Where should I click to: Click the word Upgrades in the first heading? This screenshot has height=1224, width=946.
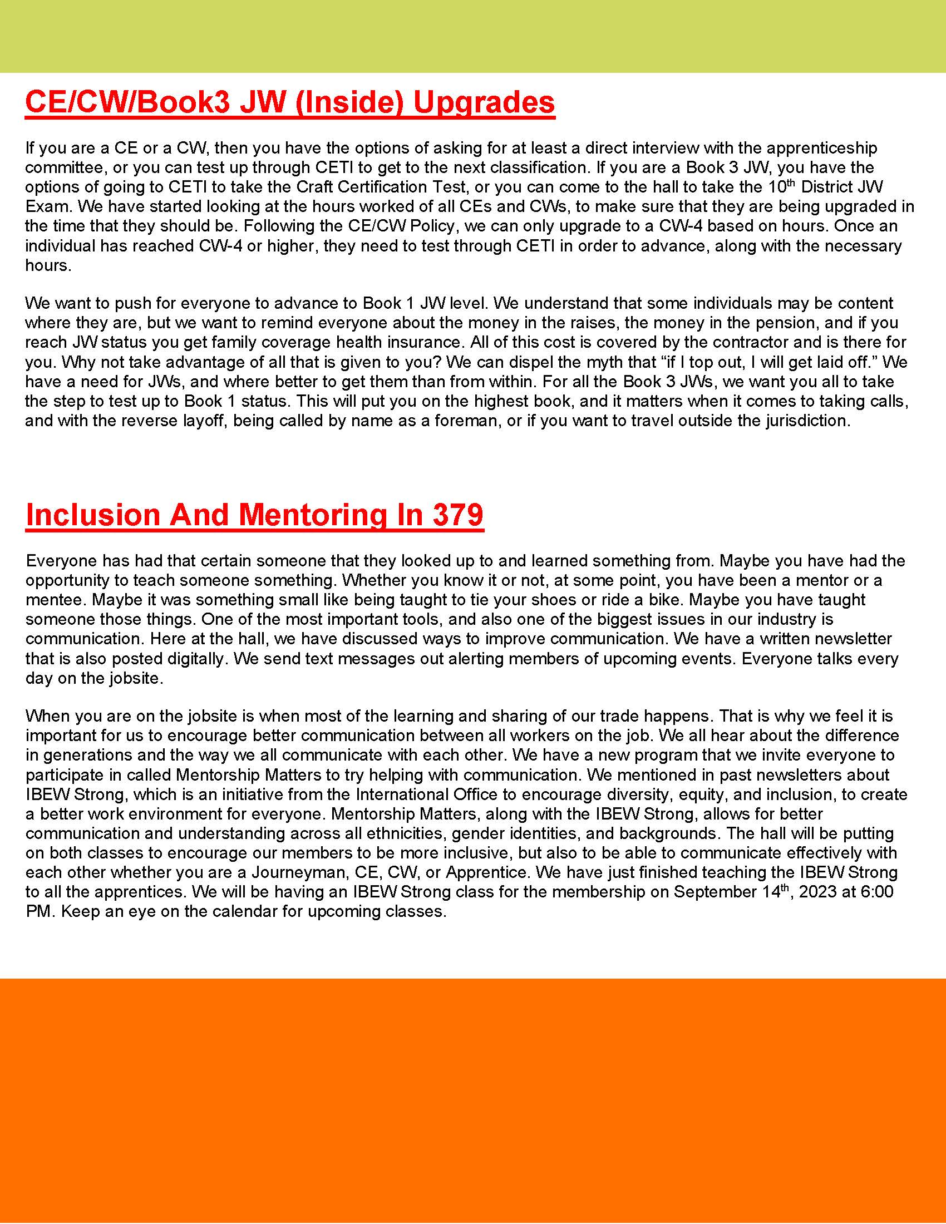point(484,102)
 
